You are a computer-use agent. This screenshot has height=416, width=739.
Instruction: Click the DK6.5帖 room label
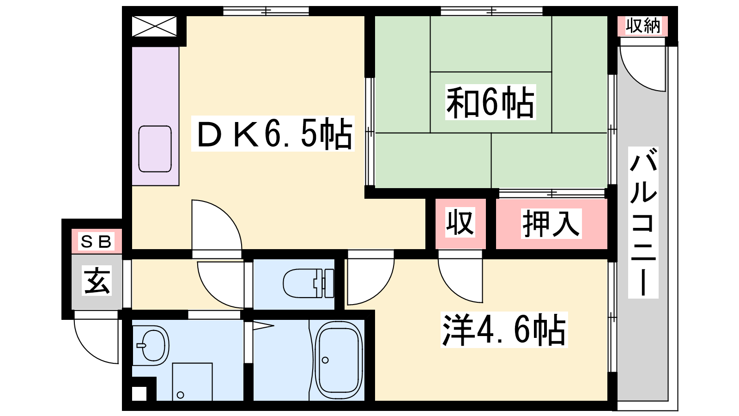tap(273, 134)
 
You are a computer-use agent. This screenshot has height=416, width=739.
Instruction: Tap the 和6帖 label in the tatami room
tap(490, 102)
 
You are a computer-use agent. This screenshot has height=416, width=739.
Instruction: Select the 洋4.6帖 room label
tap(504, 330)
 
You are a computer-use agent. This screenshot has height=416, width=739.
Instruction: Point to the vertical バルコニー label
tap(643, 222)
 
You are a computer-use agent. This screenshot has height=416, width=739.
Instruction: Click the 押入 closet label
tap(551, 224)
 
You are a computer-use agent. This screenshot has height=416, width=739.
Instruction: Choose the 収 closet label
tap(460, 222)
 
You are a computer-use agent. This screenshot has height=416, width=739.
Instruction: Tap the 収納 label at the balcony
tap(643, 26)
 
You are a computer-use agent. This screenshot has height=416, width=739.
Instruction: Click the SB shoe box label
tap(96, 241)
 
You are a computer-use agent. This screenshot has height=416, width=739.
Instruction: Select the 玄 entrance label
tap(97, 281)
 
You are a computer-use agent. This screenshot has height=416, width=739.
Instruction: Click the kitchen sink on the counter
tap(155, 149)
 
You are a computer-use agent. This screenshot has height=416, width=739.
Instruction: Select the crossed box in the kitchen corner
tap(154, 26)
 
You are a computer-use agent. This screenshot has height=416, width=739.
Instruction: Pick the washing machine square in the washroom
tap(192, 381)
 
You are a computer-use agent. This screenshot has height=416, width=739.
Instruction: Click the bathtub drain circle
tap(325, 360)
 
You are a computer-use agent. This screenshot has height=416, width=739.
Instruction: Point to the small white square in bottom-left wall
tap(139, 394)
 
